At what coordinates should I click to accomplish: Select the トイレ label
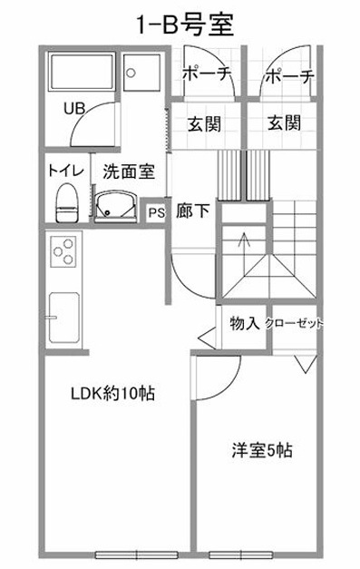[x=65, y=170]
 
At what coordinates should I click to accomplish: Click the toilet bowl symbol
[x=66, y=204]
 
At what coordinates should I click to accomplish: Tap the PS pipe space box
[x=156, y=213]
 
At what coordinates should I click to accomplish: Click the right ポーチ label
[x=289, y=77]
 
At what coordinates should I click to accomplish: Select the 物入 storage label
[x=244, y=322]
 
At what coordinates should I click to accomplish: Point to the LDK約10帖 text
[x=112, y=394]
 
